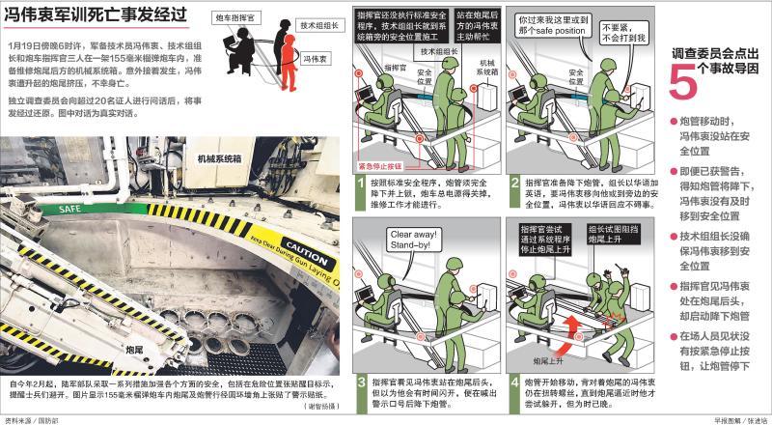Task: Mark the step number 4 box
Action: (515, 382)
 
